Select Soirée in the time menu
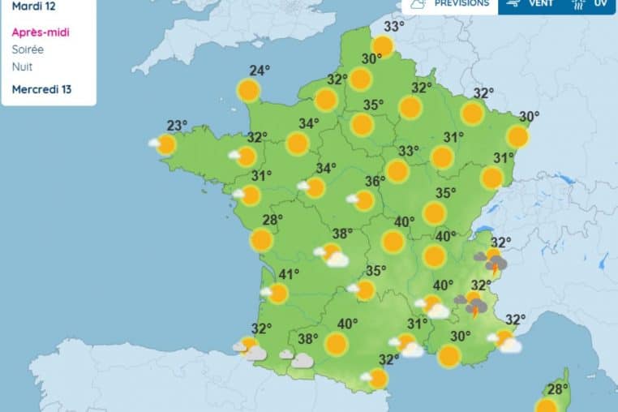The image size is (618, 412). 28,49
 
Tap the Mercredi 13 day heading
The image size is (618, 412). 41,88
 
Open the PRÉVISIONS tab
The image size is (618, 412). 461,4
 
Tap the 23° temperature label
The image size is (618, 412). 177,125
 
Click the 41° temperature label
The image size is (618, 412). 290,273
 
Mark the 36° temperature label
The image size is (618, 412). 374,182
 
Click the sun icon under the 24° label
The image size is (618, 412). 249,90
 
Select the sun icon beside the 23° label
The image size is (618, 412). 166,145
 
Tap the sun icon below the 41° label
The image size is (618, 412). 278,294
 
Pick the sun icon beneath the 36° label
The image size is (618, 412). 364,200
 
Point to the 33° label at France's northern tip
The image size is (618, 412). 394,27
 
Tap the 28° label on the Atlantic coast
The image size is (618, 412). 272,219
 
